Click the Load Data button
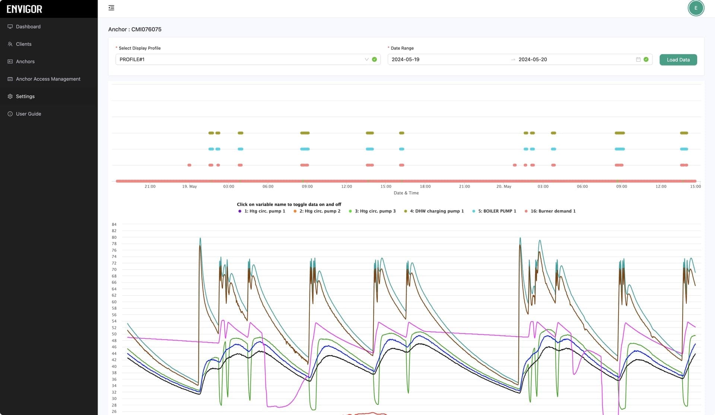point(678,60)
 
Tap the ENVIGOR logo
point(25,9)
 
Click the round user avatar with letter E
point(696,8)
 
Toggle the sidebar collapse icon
point(111,8)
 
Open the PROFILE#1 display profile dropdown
point(248,60)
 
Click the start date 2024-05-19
point(406,60)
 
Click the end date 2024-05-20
point(533,60)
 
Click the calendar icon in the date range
point(638,60)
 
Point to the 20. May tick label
point(504,186)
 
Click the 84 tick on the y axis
point(114,224)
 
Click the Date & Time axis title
point(406,193)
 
